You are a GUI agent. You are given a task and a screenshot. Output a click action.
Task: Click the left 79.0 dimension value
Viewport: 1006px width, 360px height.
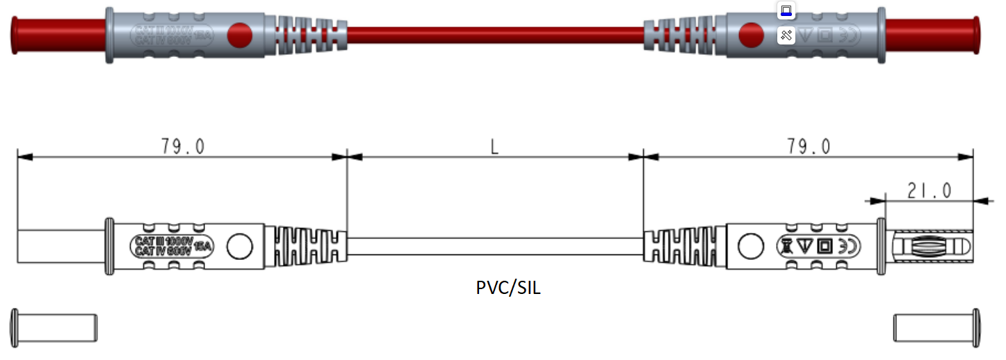(183, 147)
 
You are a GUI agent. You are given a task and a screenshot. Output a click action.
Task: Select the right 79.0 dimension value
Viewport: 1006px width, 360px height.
(809, 147)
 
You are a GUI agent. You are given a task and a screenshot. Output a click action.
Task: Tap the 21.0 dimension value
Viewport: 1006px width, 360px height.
(928, 189)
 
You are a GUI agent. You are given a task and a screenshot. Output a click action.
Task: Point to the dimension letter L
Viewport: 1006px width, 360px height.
(494, 147)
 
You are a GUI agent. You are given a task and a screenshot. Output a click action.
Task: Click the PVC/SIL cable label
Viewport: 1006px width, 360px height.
(508, 288)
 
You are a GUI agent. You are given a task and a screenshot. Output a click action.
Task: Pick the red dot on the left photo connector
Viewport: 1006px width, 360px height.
(241, 35)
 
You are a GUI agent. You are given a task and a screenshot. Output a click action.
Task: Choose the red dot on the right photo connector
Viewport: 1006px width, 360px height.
(750, 35)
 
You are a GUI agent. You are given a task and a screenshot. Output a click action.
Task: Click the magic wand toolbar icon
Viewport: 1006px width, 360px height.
(786, 35)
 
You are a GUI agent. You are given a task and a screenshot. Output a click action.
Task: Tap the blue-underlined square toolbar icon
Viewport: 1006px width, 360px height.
(786, 10)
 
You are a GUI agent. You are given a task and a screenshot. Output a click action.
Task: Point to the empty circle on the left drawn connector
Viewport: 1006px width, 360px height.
(241, 245)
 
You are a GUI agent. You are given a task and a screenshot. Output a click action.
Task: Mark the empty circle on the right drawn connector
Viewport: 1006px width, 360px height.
(750, 245)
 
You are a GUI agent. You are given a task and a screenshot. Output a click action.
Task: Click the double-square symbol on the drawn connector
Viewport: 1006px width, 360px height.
(825, 245)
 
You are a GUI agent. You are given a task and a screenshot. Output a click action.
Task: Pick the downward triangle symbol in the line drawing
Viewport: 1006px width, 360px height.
(804, 245)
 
